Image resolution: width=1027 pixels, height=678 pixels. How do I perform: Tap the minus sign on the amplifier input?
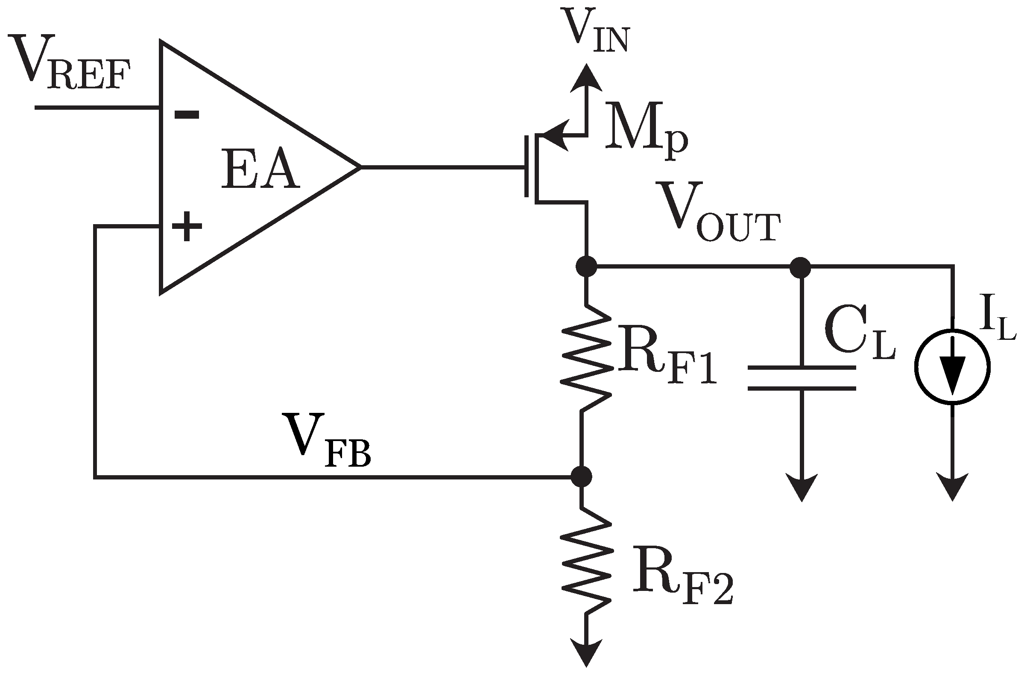tap(186, 114)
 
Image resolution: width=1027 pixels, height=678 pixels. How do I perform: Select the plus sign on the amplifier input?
tap(186, 226)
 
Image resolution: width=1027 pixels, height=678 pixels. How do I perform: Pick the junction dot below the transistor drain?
tap(586, 266)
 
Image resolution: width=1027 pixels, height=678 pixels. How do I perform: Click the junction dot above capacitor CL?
tap(800, 267)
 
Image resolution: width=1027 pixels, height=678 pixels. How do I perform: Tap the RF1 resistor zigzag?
tap(586, 359)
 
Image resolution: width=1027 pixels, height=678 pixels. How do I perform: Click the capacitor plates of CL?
tap(802, 378)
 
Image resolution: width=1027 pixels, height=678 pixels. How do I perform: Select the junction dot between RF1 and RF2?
tap(581, 476)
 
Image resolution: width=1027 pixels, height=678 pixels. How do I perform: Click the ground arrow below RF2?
tap(586, 653)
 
